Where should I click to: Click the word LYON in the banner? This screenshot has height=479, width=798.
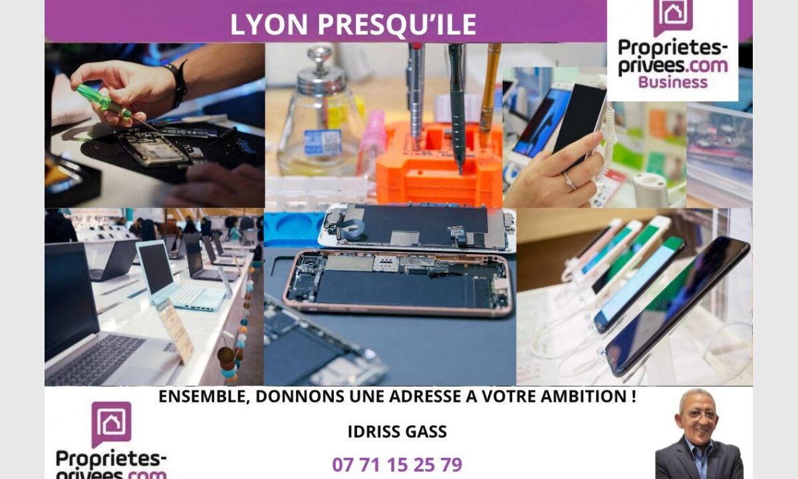[269, 25]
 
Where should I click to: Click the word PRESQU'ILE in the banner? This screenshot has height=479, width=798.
[397, 25]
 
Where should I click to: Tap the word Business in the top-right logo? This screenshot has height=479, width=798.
[672, 82]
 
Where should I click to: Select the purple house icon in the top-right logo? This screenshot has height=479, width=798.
[673, 16]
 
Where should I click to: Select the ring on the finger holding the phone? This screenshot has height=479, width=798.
[569, 181]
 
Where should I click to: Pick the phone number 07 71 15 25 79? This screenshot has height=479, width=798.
[397, 464]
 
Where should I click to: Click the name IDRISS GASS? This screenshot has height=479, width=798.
[397, 432]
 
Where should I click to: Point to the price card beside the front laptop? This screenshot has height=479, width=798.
[176, 331]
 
